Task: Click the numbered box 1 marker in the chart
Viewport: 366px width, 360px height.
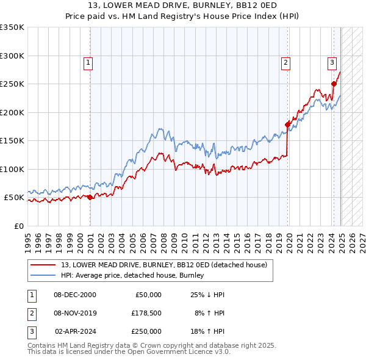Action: point(88,62)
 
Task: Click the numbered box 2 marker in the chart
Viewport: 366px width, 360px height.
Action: point(285,62)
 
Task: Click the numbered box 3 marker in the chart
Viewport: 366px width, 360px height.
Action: point(332,62)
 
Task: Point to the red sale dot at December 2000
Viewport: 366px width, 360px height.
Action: point(90,197)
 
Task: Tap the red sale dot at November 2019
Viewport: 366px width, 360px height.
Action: point(287,124)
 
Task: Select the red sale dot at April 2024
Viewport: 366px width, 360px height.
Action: point(334,84)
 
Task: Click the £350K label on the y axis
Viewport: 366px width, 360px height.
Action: point(12,27)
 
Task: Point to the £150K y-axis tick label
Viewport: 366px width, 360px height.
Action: point(12,140)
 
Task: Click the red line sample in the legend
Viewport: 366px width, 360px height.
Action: point(43,265)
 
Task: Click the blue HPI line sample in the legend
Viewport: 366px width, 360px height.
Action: point(43,275)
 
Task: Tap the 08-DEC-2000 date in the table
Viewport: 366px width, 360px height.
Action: point(74,295)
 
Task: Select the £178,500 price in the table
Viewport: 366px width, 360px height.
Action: point(146,313)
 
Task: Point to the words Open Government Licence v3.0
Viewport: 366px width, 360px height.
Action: point(181,352)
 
